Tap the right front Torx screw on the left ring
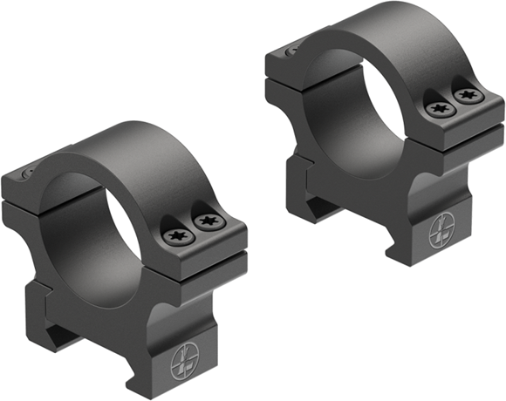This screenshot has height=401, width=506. pos(208,225)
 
